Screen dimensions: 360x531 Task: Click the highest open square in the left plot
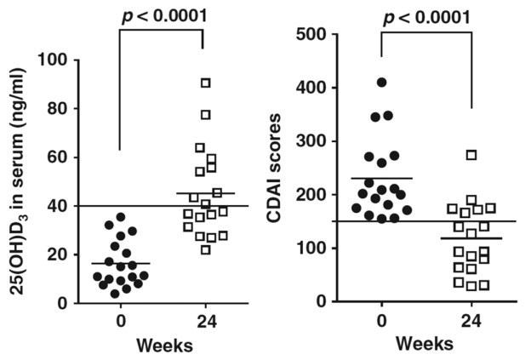tap(205, 83)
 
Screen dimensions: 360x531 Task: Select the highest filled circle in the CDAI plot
tap(382, 83)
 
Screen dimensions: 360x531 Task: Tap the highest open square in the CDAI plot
tap(471, 155)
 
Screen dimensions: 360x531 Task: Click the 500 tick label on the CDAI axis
tap(311, 34)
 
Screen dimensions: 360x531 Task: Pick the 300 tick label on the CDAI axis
tap(311, 141)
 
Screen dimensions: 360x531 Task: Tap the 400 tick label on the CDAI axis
tap(311, 88)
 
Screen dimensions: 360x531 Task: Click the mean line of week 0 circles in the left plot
tap(119, 264)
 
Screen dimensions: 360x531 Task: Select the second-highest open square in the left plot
tap(205, 114)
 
